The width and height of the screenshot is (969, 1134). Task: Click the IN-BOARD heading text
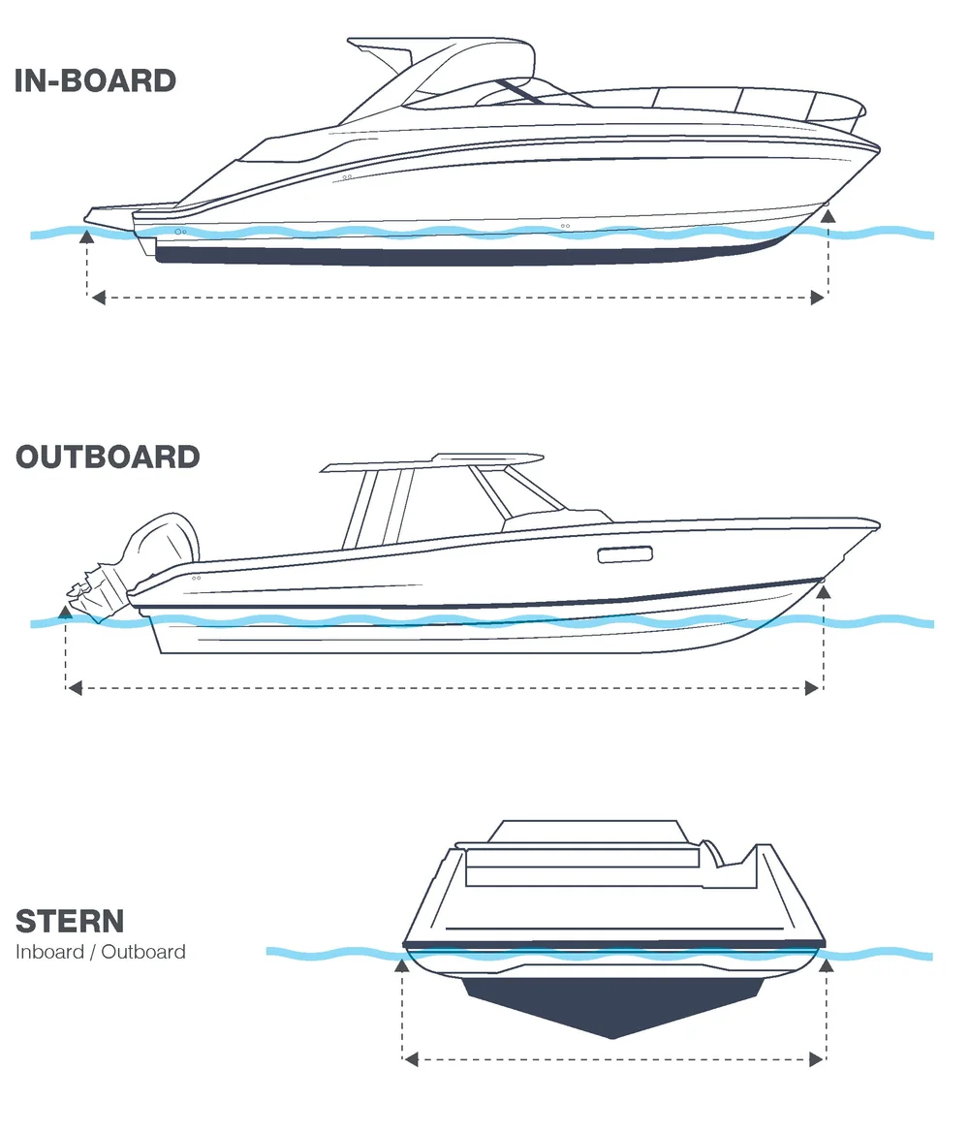95,80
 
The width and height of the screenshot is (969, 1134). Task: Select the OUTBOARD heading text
108,457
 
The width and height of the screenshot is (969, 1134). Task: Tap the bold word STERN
70,920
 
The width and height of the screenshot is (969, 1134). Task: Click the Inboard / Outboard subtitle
101,952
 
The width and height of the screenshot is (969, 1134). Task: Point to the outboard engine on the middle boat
145,562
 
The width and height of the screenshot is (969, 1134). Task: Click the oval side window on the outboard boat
625,554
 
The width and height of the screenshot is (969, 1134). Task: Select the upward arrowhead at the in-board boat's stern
87,233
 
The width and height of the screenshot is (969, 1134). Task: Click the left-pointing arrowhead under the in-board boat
97,299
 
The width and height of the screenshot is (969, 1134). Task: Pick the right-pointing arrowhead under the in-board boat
817,299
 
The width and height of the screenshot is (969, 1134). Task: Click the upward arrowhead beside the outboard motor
66,611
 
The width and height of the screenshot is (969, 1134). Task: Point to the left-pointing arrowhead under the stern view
411,1059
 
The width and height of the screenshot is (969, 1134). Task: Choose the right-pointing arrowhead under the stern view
816,1059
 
